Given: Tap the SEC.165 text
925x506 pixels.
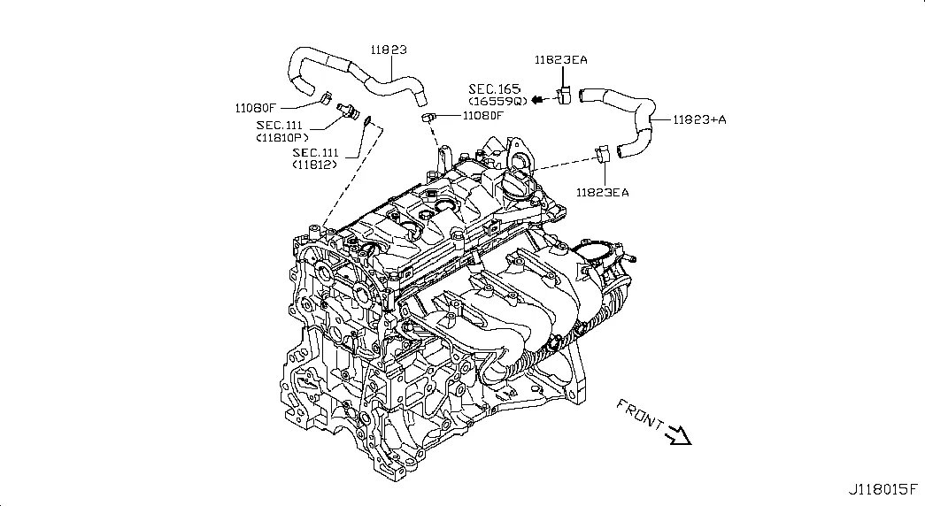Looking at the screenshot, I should (496, 89).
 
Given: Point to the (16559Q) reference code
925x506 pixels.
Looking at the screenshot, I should (497, 101).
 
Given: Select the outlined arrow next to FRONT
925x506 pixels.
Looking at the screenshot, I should (679, 434).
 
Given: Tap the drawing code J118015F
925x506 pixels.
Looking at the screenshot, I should (885, 489).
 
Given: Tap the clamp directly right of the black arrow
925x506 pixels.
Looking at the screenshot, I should (564, 96).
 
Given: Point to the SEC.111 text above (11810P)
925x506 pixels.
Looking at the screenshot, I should (280, 126).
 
